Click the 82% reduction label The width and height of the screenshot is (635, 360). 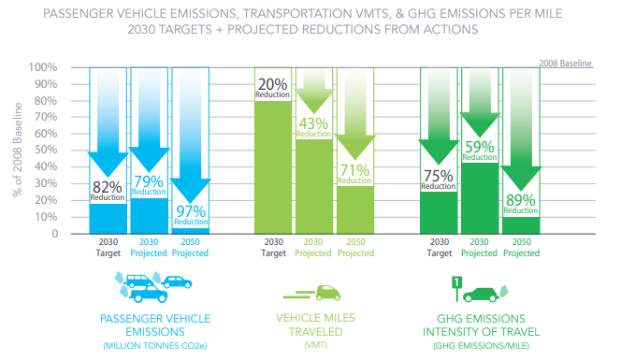point(107,190)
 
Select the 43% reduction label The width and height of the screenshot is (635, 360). point(313,126)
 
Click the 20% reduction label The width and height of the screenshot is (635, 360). point(272,89)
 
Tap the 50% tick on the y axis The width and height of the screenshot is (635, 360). point(46,151)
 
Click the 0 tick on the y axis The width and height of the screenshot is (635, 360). point(53,234)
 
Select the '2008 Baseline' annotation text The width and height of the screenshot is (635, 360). point(566,63)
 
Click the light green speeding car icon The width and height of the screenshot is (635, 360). point(318,293)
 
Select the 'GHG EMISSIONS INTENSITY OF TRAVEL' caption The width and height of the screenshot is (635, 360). point(482,325)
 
